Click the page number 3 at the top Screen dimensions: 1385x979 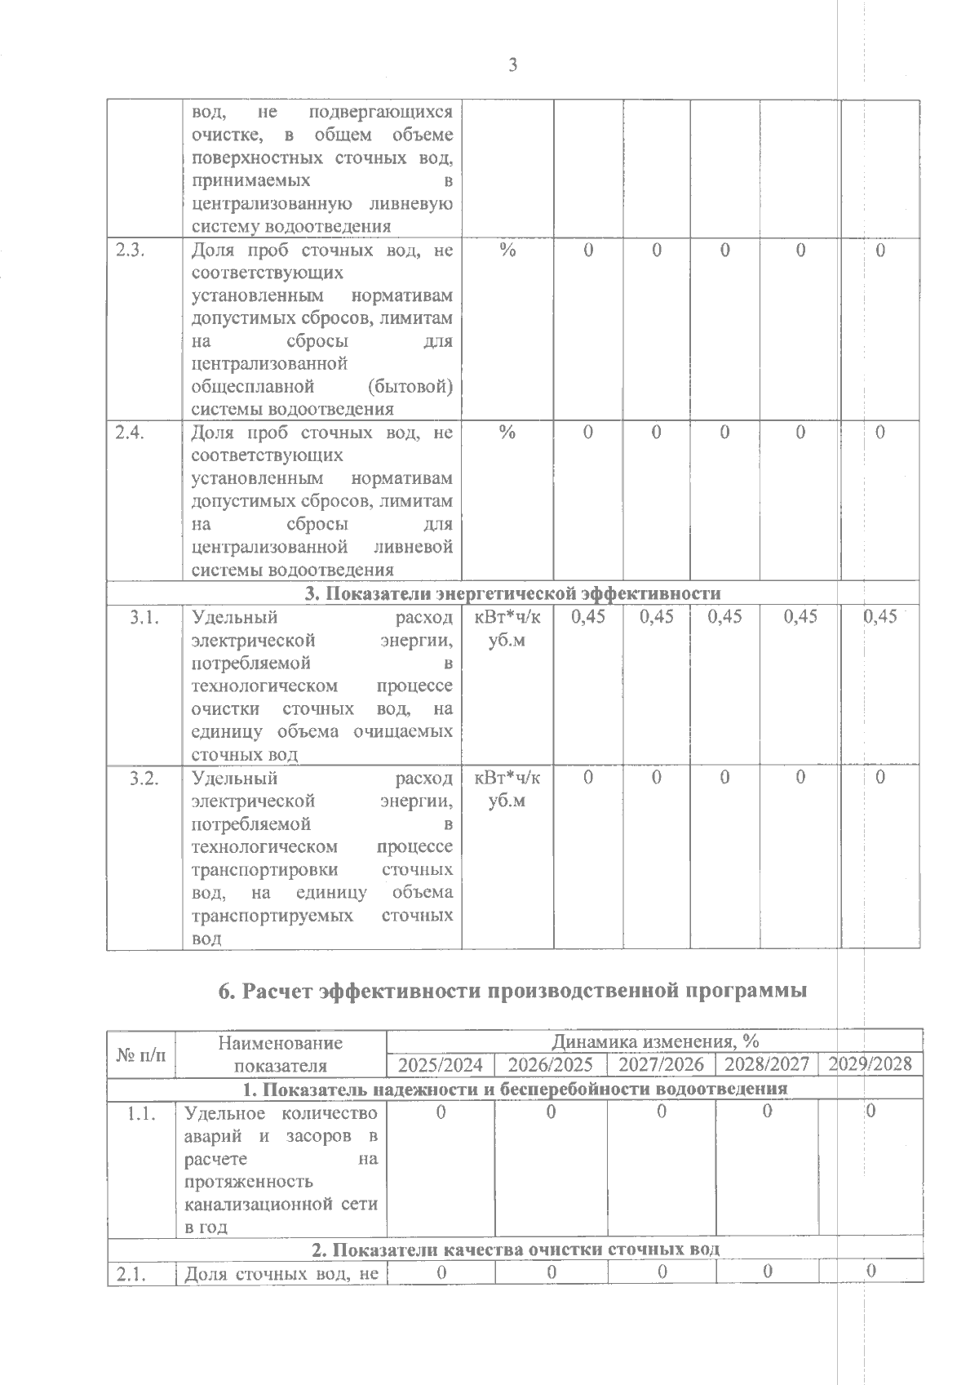tap(512, 66)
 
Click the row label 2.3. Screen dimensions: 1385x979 tap(131, 251)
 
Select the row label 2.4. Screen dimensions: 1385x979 tap(131, 433)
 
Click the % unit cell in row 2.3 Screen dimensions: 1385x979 tap(507, 251)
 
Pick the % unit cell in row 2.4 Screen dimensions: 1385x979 tap(507, 433)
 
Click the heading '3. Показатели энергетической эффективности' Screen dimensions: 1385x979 tap(512, 593)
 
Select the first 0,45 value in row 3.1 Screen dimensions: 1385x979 tap(587, 618)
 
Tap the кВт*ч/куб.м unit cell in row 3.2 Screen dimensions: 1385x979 tap(507, 789)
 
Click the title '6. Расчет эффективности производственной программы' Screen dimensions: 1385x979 tap(512, 991)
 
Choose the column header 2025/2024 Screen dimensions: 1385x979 tap(441, 1065)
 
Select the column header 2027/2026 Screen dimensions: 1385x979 tap(661, 1065)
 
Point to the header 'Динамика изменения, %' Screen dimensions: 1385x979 tap(655, 1041)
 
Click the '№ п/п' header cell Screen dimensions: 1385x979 tap(140, 1054)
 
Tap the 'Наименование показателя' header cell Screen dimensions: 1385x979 tap(281, 1054)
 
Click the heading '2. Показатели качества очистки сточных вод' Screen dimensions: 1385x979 tap(515, 1250)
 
